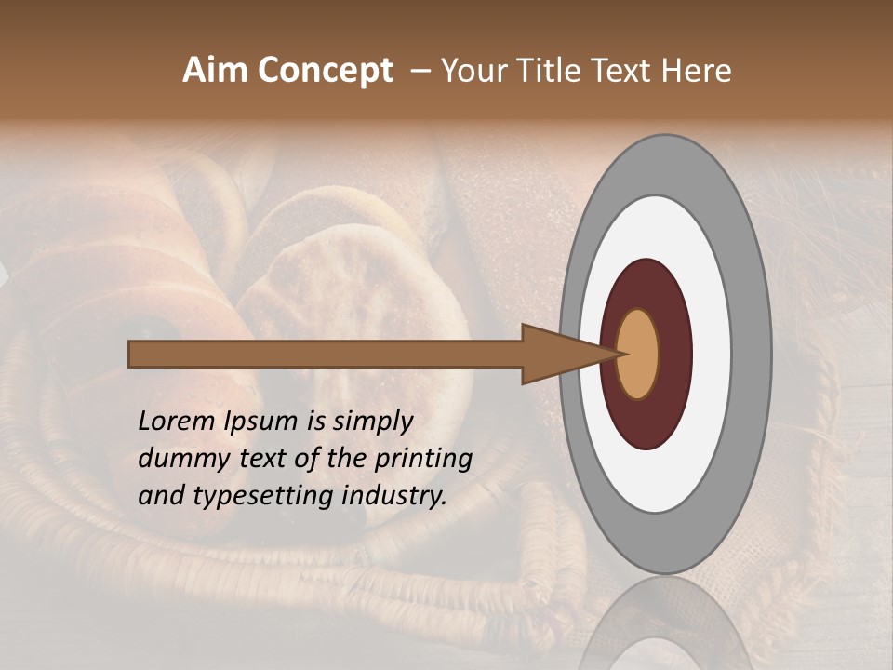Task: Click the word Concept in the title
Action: pos(326,71)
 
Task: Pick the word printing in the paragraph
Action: pos(423,459)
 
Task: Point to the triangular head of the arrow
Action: pos(558,354)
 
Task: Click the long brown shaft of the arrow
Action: pos(326,354)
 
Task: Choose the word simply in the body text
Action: pos(372,422)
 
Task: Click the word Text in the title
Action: pos(626,71)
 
